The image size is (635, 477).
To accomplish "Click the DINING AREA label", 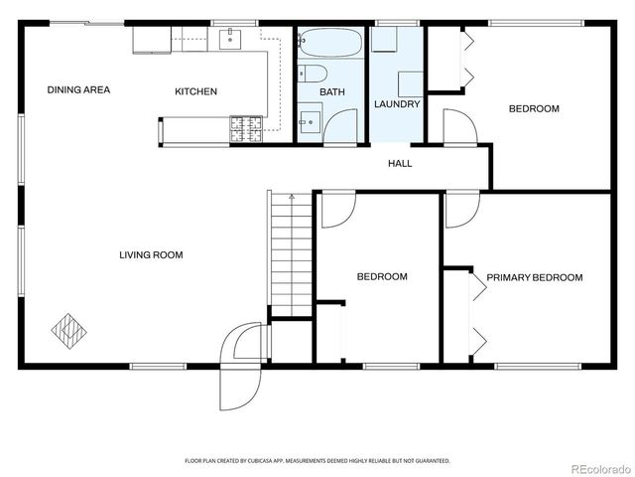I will click(78, 90).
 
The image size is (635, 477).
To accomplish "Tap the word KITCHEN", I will click(195, 91).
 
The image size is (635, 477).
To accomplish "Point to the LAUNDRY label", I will click(397, 104).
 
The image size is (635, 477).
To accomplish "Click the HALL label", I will click(399, 164).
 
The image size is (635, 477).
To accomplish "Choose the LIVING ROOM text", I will click(151, 255).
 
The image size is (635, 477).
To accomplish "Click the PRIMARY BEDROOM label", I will click(534, 277).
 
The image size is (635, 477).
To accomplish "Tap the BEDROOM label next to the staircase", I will click(382, 277).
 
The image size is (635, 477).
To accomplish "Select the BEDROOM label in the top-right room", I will click(534, 109).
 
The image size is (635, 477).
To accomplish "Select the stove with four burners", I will click(243, 127).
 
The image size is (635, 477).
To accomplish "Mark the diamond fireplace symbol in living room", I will click(69, 330).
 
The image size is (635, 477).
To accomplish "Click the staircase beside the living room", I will click(291, 253).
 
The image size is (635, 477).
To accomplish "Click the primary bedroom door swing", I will click(461, 209).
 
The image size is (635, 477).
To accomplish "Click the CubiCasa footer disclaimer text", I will click(317, 461).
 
